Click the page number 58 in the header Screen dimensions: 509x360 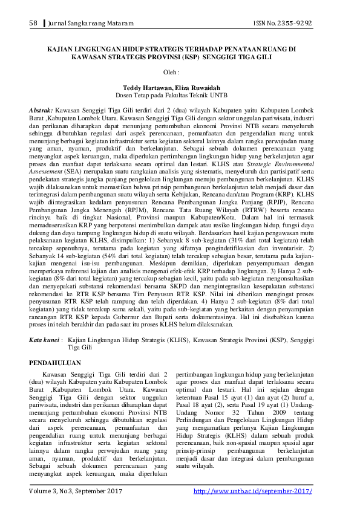(x=33, y=23)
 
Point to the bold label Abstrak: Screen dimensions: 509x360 (x=42, y=112)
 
